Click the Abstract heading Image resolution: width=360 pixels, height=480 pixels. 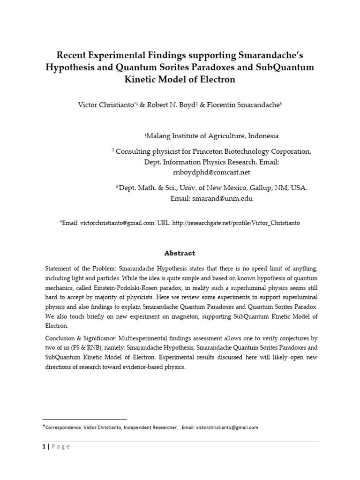[x=180, y=253]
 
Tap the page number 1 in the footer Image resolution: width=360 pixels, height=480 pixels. [x=44, y=446]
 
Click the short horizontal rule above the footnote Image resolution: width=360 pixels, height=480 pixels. [x=84, y=419]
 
